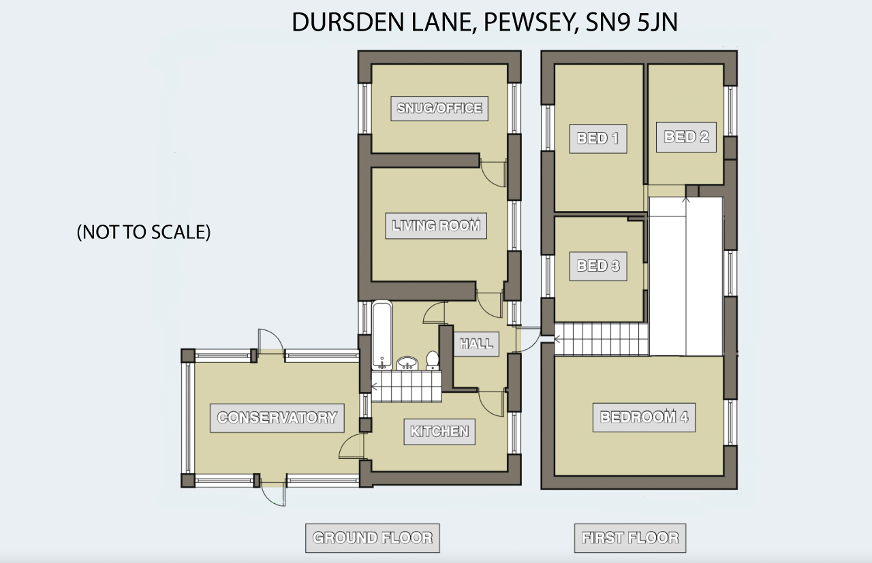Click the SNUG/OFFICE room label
439,108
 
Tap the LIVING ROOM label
436,225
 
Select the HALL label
476,344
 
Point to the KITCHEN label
439,432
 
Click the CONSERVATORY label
277,418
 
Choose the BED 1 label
598,138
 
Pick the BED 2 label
686,137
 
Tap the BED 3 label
598,266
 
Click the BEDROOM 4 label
644,417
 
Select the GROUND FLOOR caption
373,538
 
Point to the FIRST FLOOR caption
630,538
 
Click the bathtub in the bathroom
382,335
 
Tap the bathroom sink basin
407,364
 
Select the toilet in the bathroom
433,361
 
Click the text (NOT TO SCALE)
144,232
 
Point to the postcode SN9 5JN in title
632,22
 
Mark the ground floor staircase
407,387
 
